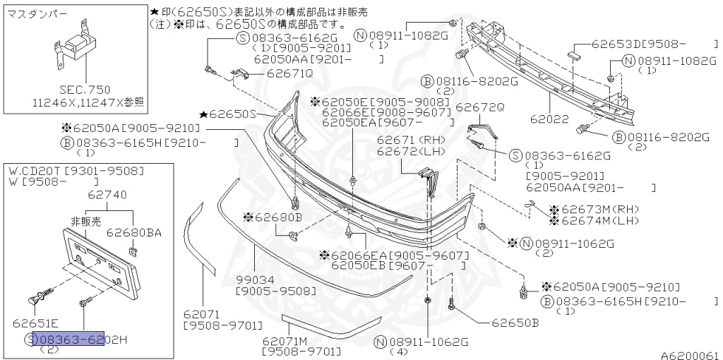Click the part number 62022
tap(551, 119)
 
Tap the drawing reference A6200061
tap(690, 355)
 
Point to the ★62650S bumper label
tap(227, 114)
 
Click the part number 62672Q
tap(479, 107)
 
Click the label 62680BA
tap(133, 232)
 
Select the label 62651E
tap(36, 324)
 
